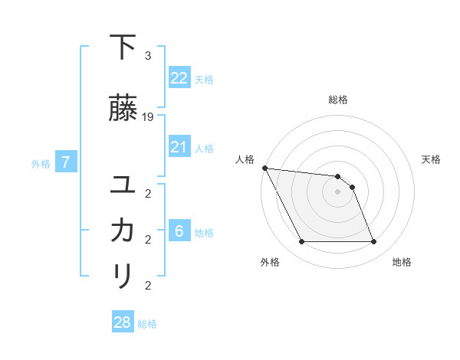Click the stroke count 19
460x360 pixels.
click(x=148, y=117)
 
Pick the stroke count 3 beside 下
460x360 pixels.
click(x=147, y=56)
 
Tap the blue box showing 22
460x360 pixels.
click(x=179, y=77)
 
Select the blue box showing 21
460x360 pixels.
click(x=179, y=146)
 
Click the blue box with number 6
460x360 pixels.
click(x=179, y=231)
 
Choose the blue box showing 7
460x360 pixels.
click(x=66, y=162)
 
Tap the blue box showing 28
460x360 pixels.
click(x=123, y=322)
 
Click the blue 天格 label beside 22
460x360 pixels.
click(x=204, y=79)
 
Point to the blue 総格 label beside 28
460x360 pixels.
click(x=148, y=324)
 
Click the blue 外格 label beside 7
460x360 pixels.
click(x=41, y=163)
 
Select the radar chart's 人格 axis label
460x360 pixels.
click(x=245, y=159)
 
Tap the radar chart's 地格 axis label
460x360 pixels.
click(x=402, y=262)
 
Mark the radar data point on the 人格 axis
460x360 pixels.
click(x=264, y=168)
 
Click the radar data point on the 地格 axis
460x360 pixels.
click(x=373, y=242)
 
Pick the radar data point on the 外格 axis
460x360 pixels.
click(x=301, y=242)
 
